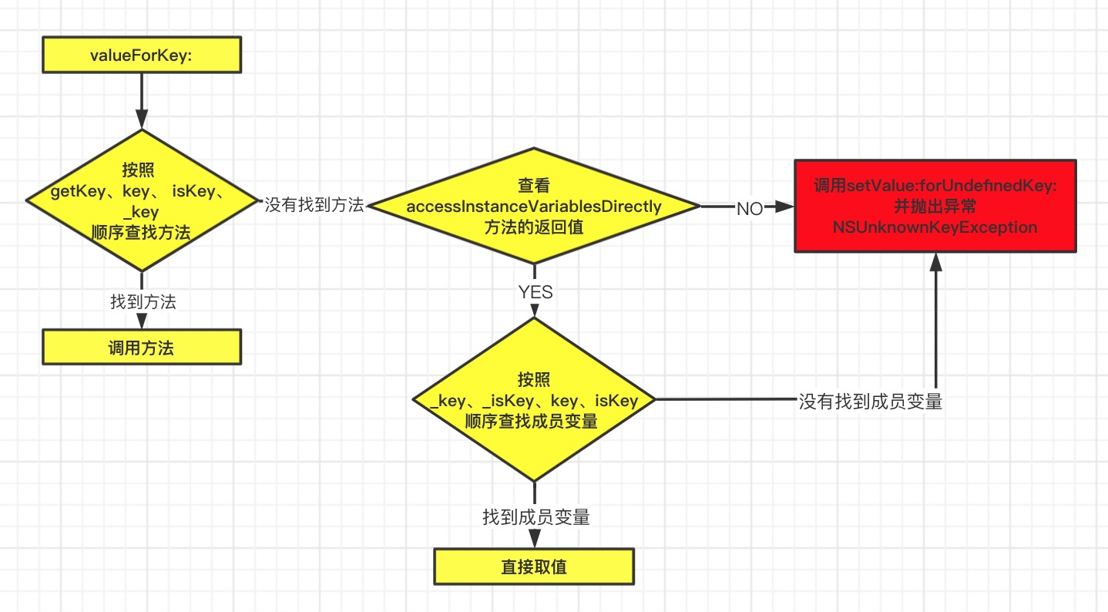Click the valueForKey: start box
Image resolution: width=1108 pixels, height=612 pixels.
[x=141, y=56]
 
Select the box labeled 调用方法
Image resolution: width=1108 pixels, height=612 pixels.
[x=141, y=347]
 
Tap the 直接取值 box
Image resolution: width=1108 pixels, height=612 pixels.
[x=533, y=567]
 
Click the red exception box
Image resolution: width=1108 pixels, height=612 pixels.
[x=935, y=206]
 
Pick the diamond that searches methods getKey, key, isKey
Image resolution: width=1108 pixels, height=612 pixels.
[x=141, y=200]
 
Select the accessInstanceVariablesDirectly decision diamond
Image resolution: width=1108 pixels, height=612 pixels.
[x=533, y=206]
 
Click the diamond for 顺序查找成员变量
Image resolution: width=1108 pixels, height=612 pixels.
[x=533, y=400]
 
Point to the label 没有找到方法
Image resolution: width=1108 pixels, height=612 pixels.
[x=314, y=205]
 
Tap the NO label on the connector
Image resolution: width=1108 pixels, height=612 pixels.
[x=749, y=209]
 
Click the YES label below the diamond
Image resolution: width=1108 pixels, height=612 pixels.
[x=535, y=292]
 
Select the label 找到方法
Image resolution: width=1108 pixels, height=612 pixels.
[x=143, y=302]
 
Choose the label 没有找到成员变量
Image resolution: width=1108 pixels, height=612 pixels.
[x=870, y=402]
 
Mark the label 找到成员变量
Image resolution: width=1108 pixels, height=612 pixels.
[x=536, y=517]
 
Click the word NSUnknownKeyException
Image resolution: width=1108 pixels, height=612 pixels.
[x=935, y=227]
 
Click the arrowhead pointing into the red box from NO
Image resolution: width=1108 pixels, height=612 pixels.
[x=785, y=207]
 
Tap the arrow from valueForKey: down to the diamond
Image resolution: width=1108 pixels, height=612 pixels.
[x=141, y=100]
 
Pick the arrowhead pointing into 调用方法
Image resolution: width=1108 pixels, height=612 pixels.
[x=141, y=322]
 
